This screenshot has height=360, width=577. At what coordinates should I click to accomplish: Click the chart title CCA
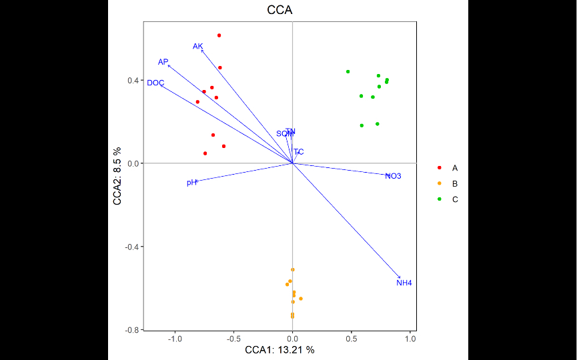click(279, 11)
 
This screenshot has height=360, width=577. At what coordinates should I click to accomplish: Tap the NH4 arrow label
click(404, 283)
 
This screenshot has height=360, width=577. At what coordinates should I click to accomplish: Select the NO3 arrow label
click(393, 176)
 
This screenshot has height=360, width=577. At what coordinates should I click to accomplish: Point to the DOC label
click(155, 83)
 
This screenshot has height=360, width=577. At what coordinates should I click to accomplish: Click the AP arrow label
click(163, 62)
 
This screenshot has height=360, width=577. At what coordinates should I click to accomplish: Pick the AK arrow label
click(197, 47)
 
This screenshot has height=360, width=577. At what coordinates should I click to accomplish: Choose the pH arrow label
click(191, 183)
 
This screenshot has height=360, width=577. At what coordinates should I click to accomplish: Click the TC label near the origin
click(298, 152)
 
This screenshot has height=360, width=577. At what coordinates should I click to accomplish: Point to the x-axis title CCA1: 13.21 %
click(279, 350)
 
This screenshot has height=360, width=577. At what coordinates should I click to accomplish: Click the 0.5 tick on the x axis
click(352, 339)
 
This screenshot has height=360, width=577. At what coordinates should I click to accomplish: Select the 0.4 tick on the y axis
click(133, 81)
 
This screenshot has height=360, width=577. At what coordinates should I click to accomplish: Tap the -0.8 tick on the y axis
click(131, 330)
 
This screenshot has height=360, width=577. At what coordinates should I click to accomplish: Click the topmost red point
click(219, 35)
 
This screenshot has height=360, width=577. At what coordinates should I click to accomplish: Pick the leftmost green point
click(348, 71)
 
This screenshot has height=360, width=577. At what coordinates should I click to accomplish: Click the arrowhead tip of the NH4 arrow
click(401, 278)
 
